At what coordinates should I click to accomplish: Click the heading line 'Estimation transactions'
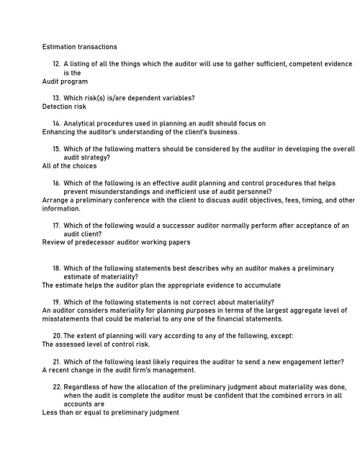(x=79, y=47)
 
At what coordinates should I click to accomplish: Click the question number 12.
(x=56, y=64)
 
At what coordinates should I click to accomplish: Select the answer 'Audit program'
(x=65, y=81)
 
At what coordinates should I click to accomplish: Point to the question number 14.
(x=56, y=123)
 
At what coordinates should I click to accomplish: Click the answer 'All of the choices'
(x=69, y=166)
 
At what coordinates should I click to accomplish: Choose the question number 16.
(x=56, y=183)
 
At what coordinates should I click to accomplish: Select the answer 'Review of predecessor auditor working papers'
(x=117, y=242)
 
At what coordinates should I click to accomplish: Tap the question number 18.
(x=56, y=268)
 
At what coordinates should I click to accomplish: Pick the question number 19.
(x=56, y=302)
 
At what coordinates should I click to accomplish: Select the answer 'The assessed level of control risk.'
(x=96, y=344)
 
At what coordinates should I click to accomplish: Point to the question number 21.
(x=56, y=361)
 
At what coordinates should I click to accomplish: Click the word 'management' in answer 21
(x=171, y=370)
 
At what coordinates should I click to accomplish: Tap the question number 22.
(x=56, y=387)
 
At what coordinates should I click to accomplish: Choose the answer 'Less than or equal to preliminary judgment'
(x=110, y=413)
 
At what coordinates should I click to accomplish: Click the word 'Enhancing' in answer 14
(x=58, y=132)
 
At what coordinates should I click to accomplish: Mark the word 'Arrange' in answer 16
(x=55, y=200)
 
